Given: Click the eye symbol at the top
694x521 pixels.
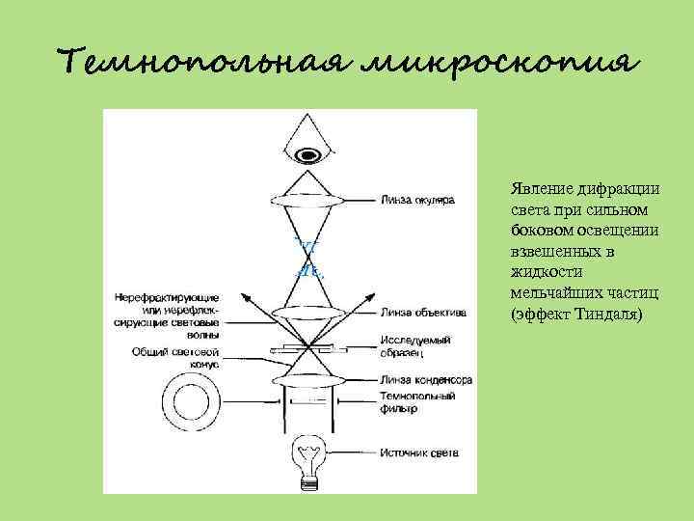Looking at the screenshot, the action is (308, 152).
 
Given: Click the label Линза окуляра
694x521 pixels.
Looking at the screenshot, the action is (417, 202).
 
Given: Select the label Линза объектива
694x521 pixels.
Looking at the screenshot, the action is (424, 313).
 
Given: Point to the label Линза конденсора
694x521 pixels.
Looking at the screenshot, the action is (426, 380).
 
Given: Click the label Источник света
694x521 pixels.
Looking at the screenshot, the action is (418, 452).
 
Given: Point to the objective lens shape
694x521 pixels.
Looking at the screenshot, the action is (308, 313).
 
